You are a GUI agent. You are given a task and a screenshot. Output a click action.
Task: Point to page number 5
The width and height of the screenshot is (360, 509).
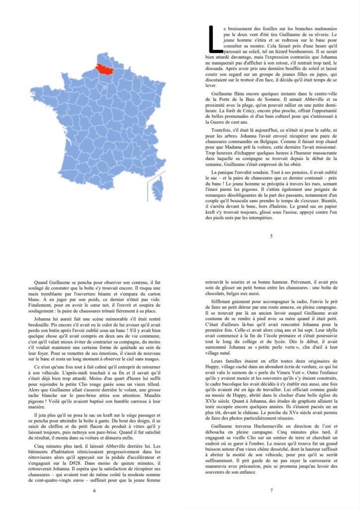pos(271,236)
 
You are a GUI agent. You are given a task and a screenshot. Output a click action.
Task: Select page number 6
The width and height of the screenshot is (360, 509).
pos(94,491)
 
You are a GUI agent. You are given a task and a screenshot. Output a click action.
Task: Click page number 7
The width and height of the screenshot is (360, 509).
pos(271,491)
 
